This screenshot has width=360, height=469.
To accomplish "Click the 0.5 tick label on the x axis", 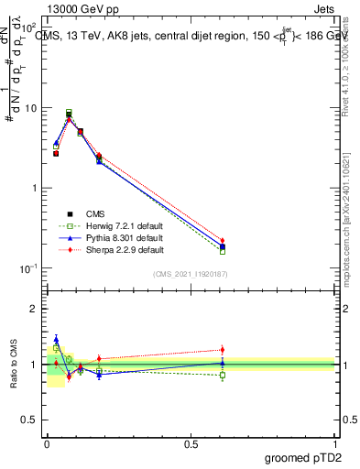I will coord(190,442).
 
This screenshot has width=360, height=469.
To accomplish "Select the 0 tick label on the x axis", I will coord(46,442).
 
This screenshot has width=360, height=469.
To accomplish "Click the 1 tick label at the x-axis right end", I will coord(335,442).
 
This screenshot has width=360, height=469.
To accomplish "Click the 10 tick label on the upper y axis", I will coord(31,108).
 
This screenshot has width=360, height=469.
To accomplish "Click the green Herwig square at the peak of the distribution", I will coord(69,113).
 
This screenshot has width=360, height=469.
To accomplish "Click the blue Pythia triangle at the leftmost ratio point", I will coord(56,339).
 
